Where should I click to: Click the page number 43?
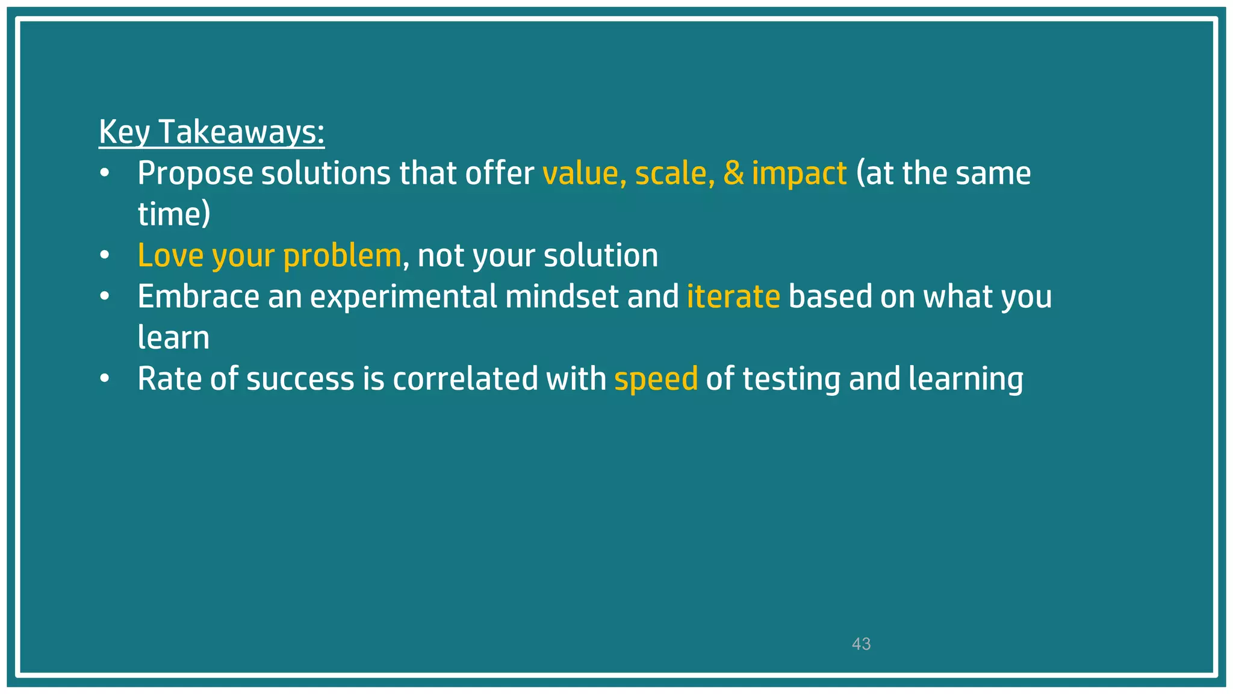861,644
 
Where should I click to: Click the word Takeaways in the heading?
241,132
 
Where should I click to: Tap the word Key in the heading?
124,132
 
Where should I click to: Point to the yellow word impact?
799,174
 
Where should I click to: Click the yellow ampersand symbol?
733,173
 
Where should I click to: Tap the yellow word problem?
341,256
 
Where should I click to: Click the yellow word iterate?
733,296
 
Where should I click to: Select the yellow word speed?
656,380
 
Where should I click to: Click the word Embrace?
199,296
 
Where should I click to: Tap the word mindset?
562,296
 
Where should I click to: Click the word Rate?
169,379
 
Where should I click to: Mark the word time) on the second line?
174,214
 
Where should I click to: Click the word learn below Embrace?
173,337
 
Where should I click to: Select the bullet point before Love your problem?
105,255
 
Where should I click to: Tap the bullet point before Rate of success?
105,379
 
